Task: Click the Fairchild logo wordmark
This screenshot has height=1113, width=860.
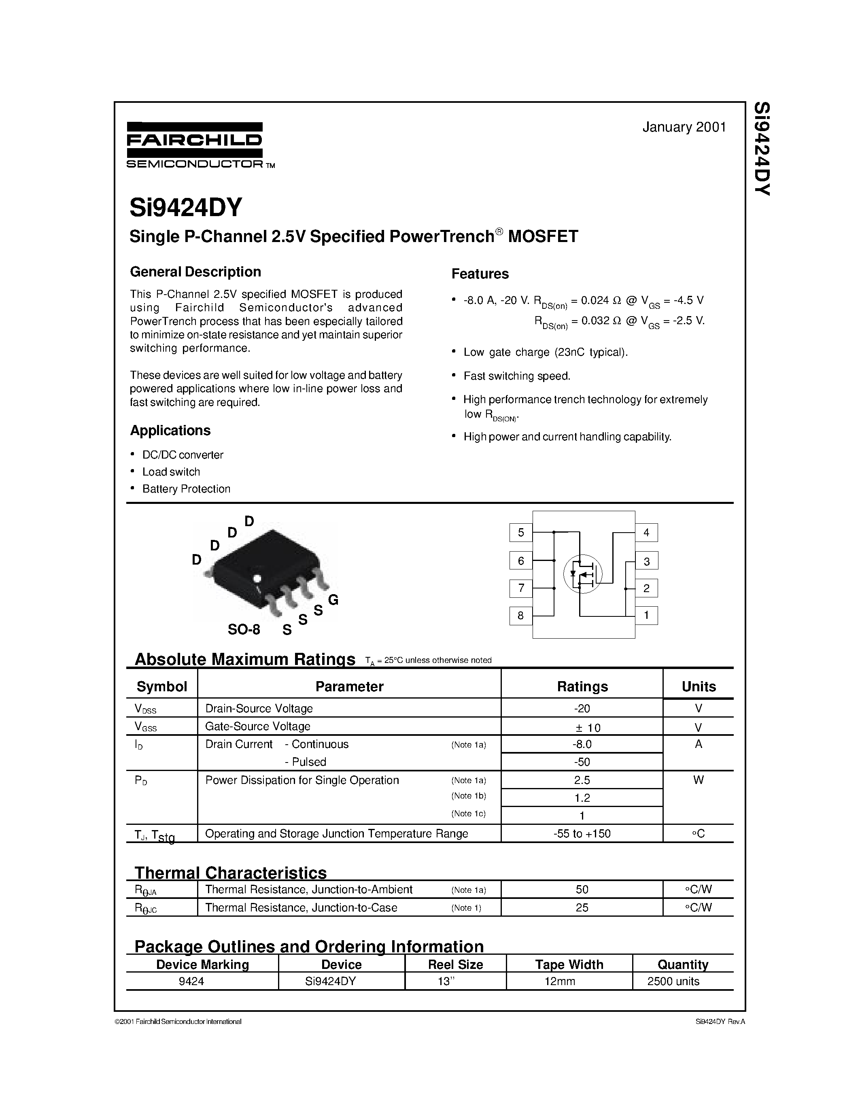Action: pyautogui.click(x=194, y=140)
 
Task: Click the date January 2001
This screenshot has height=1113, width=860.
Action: pyautogui.click(x=684, y=127)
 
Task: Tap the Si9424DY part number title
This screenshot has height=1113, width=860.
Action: pyautogui.click(x=185, y=207)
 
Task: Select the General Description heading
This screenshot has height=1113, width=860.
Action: pyautogui.click(x=195, y=272)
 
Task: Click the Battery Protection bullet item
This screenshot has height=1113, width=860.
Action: pyautogui.click(x=186, y=489)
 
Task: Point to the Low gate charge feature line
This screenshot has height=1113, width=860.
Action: pyautogui.click(x=545, y=352)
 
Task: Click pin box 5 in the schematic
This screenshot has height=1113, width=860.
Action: pyautogui.click(x=521, y=533)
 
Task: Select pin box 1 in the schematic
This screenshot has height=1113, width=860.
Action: pyautogui.click(x=646, y=615)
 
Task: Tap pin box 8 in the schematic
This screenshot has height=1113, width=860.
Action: pyautogui.click(x=521, y=616)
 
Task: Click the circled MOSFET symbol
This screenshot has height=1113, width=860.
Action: pyautogui.click(x=582, y=574)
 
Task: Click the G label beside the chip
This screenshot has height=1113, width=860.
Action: pyautogui.click(x=333, y=600)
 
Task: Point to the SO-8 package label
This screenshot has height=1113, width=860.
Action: pyautogui.click(x=244, y=630)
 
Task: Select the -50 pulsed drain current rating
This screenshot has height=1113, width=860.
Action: pyautogui.click(x=582, y=762)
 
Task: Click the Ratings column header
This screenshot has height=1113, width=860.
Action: pyautogui.click(x=582, y=686)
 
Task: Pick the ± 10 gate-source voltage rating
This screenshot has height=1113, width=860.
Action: pyautogui.click(x=582, y=727)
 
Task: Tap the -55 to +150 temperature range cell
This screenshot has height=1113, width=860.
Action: pyautogui.click(x=582, y=834)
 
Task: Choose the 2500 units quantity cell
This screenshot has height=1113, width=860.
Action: pyautogui.click(x=673, y=981)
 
